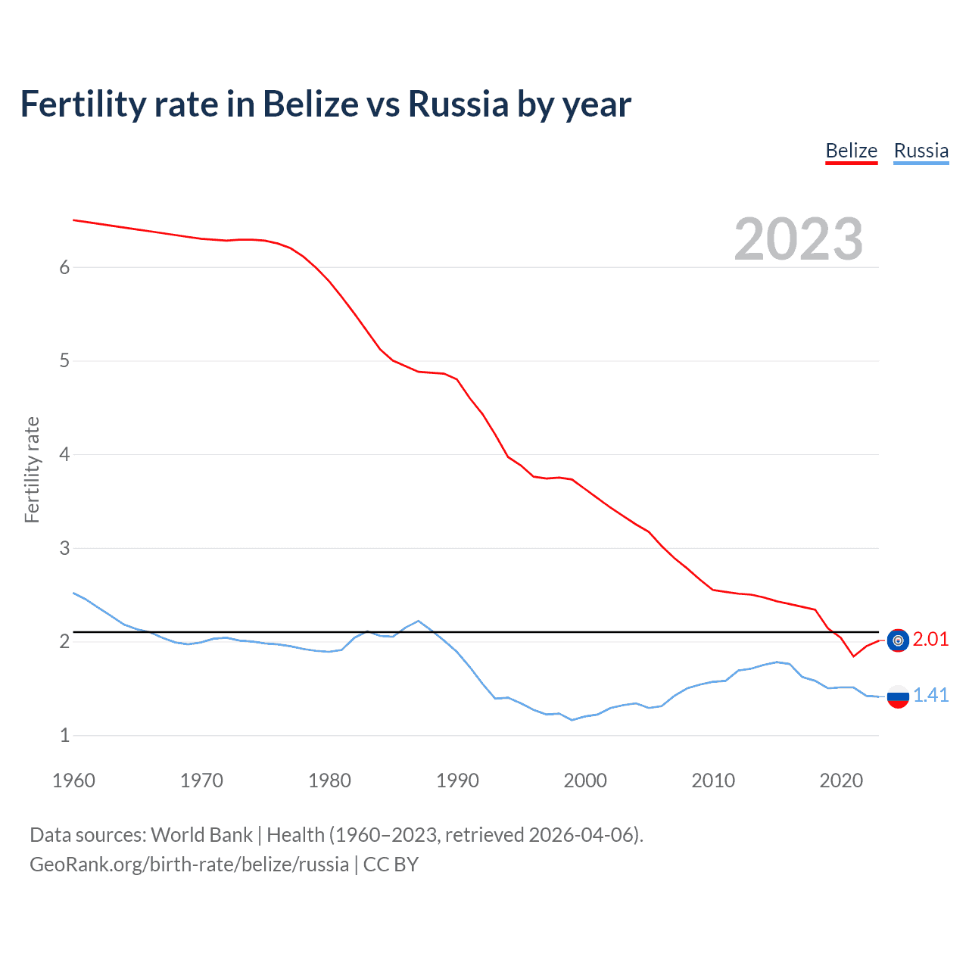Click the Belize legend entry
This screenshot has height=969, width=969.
pos(851,151)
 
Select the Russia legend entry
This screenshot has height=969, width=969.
pos(921,151)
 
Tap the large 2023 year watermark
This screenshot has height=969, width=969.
pos(798,239)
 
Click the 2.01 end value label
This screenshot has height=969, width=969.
pos(930,640)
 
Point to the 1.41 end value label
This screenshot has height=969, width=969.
pos(930,696)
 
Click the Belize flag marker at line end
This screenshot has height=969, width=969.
pos(898,640)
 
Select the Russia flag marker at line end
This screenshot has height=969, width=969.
pos(898,696)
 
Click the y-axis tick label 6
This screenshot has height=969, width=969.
pos(64,267)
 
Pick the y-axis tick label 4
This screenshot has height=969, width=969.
pos(64,454)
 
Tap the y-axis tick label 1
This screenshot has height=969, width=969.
pos(64,735)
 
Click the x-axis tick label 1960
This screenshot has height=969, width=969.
pos(73,780)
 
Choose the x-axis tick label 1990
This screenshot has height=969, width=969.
pos(457,780)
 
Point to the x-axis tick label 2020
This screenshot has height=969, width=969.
pos(841,780)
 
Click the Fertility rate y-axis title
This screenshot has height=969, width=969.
pos(32,469)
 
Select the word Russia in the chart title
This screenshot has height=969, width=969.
pos(458,104)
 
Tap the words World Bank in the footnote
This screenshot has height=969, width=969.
pos(201,835)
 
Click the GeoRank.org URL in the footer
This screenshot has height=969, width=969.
pos(189,865)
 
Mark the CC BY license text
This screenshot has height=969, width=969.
pos(391,865)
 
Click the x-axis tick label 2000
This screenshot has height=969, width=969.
pos(585,780)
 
